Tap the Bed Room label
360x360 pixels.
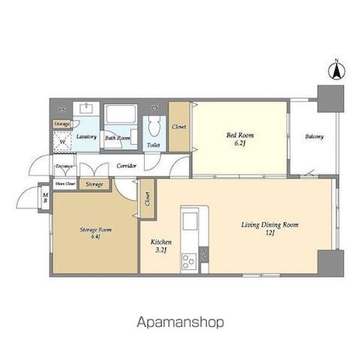tap(240, 138)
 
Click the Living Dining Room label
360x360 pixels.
tap(269, 228)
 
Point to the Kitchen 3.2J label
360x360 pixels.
tap(161, 245)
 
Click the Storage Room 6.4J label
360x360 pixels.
tap(94, 232)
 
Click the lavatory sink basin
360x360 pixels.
tap(86, 109)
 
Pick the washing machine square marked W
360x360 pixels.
tap(64, 141)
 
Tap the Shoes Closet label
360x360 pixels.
tap(65, 183)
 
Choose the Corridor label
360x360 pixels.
tap(126, 165)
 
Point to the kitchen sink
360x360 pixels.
tap(190, 222)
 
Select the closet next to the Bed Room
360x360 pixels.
tap(179, 127)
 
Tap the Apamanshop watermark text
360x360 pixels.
tap(180, 322)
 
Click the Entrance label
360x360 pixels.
tap(64, 166)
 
